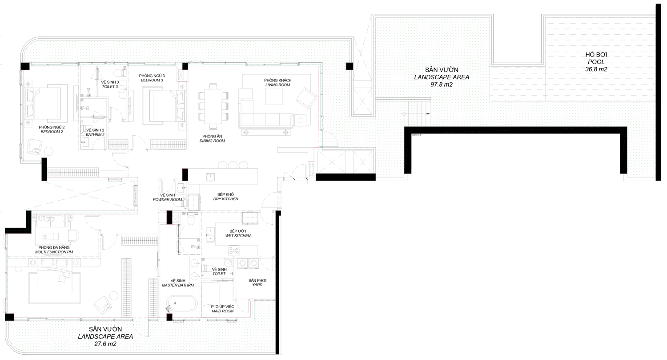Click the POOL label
click(596, 62)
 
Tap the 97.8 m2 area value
click(442, 85)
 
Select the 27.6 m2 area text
click(105, 344)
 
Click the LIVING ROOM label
click(278, 85)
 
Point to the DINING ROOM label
click(212, 141)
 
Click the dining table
click(213, 106)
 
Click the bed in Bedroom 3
click(164, 106)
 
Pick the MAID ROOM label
click(223, 311)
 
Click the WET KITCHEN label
click(238, 236)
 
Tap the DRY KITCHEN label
click(226, 199)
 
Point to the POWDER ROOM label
click(167, 200)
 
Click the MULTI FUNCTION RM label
click(54, 252)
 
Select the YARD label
click(257, 285)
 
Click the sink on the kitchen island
click(210, 177)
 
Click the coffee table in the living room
click(274, 96)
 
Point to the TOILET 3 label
click(110, 87)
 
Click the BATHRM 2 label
click(95, 135)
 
